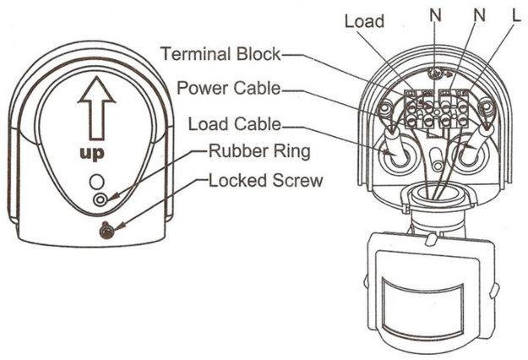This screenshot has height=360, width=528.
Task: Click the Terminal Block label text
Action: (x=220, y=54)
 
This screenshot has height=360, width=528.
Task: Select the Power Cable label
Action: (x=229, y=88)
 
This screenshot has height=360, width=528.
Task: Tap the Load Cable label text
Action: (x=234, y=124)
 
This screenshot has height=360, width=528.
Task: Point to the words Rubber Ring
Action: (x=259, y=151)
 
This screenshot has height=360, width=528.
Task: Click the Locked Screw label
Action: (x=265, y=181)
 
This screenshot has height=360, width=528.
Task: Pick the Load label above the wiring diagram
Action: (x=364, y=21)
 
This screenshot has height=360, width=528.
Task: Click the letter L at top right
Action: (x=516, y=16)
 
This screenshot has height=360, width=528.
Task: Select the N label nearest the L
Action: (x=480, y=15)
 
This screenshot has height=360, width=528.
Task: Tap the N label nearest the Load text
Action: (x=435, y=15)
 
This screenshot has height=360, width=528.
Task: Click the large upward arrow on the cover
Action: (x=96, y=108)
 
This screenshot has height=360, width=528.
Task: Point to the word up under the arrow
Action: (x=92, y=154)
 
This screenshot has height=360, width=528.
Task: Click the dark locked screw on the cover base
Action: (x=106, y=231)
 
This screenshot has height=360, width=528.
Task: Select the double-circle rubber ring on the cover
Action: (x=100, y=199)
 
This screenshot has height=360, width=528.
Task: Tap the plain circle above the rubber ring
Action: (x=97, y=182)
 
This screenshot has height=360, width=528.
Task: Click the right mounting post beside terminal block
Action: (x=487, y=107)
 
